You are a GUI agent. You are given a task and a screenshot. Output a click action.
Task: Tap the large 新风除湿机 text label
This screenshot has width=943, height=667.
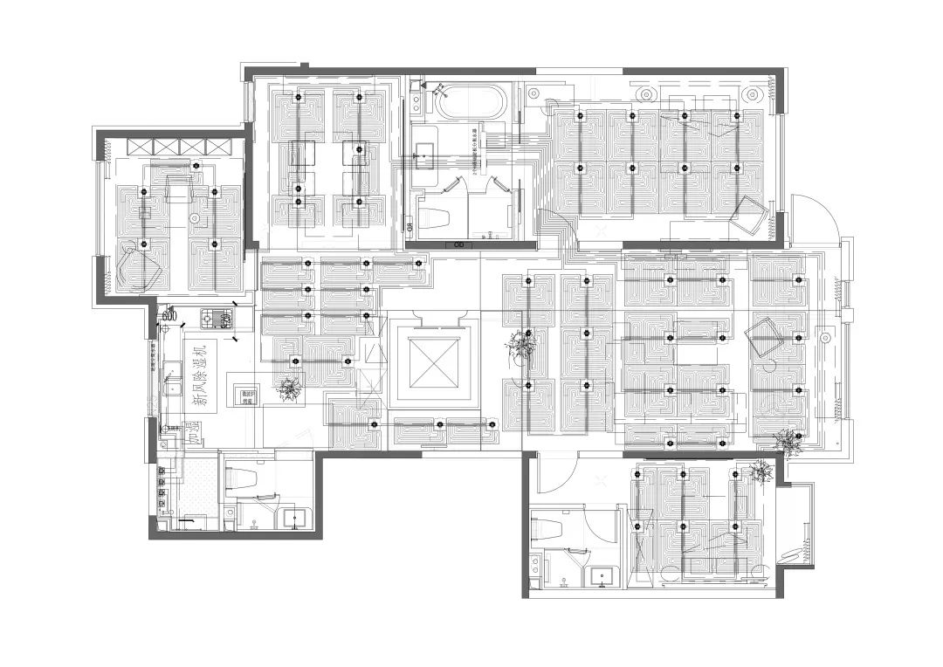[201, 372]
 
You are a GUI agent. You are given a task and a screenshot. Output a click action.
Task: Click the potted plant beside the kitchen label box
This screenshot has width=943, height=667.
[287, 389]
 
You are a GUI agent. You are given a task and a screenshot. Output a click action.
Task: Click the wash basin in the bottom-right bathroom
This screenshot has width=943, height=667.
[602, 576]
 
